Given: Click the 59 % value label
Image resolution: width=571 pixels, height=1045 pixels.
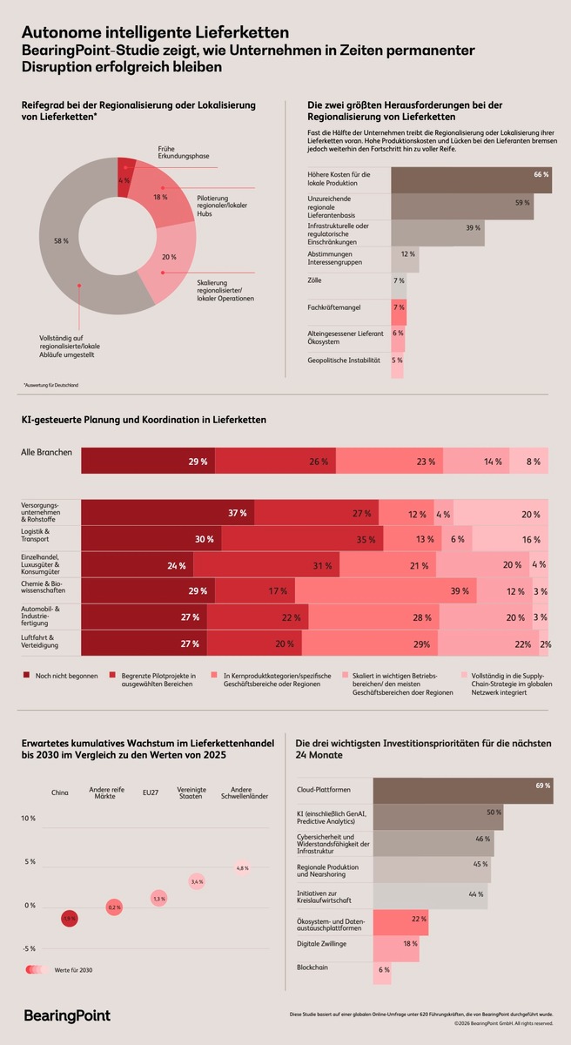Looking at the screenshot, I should [x=522, y=203].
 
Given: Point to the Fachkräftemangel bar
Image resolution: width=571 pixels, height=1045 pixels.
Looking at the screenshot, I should [x=398, y=307].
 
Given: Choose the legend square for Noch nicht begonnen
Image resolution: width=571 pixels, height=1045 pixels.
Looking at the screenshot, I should [x=25, y=676].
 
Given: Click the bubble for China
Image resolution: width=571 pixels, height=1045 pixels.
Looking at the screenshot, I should [x=70, y=918].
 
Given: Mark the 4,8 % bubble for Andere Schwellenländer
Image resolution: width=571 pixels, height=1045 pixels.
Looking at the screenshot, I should [x=243, y=868].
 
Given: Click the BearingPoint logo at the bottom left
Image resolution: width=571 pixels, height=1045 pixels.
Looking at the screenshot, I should [x=66, y=1015].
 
